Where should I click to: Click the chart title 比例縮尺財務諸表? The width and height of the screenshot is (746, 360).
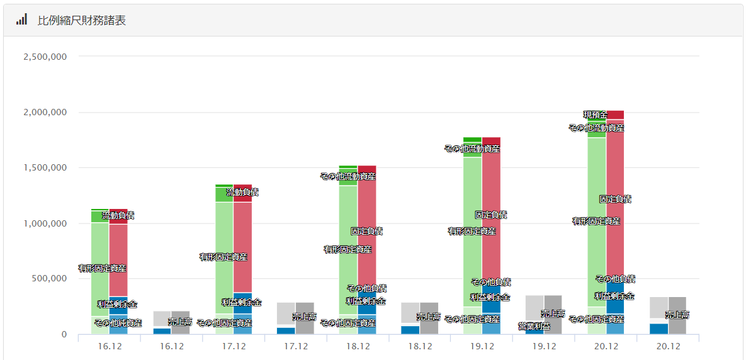(82, 20)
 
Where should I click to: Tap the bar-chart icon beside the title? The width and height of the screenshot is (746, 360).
(22, 20)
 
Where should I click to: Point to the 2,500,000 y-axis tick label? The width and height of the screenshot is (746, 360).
(45, 57)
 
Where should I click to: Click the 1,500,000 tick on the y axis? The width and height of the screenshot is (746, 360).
(45, 168)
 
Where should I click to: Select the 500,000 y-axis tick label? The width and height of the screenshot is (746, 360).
(50, 279)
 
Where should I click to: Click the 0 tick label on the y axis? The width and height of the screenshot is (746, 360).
(64, 334)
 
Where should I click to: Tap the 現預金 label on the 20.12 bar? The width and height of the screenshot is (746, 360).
(595, 115)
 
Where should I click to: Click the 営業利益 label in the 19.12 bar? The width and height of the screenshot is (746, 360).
(534, 326)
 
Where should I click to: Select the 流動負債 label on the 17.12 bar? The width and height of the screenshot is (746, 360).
(242, 192)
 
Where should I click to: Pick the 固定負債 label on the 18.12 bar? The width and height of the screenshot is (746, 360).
(366, 231)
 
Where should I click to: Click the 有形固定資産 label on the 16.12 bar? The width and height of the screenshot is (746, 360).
(102, 268)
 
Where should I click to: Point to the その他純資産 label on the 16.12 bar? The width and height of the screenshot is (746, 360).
(118, 323)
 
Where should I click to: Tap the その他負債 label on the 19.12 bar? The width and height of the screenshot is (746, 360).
(491, 282)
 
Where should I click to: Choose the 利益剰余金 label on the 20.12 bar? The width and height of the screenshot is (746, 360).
(614, 296)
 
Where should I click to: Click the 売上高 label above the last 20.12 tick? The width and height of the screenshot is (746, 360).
(677, 315)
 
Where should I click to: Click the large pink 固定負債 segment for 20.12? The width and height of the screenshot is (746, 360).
(615, 239)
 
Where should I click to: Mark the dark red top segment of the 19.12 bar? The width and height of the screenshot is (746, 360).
(491, 141)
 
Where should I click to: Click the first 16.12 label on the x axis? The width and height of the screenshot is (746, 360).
(110, 346)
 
